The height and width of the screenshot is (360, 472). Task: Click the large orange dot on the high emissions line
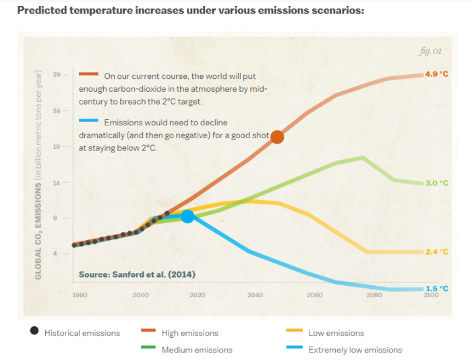pos(277,137)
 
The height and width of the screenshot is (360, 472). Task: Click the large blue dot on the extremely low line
pos(188,216)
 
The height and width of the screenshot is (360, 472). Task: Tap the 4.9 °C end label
pos(436,74)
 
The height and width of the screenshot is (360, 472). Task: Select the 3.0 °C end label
pos(436,183)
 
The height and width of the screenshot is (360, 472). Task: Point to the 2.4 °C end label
pos(436,251)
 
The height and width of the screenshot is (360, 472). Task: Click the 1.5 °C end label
pos(436,289)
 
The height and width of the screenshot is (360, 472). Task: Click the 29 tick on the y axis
pos(57,74)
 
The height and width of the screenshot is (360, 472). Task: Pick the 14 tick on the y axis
pos(57,183)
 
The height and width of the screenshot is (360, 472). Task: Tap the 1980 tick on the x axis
pos(80,295)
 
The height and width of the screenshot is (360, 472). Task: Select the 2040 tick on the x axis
pos(256,295)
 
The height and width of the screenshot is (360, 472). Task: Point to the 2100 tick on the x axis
pos(431,295)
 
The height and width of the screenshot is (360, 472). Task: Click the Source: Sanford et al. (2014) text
pos(137,274)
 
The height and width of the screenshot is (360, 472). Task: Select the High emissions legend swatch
pos(149,332)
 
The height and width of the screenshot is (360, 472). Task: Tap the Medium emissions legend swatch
pos(149,349)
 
